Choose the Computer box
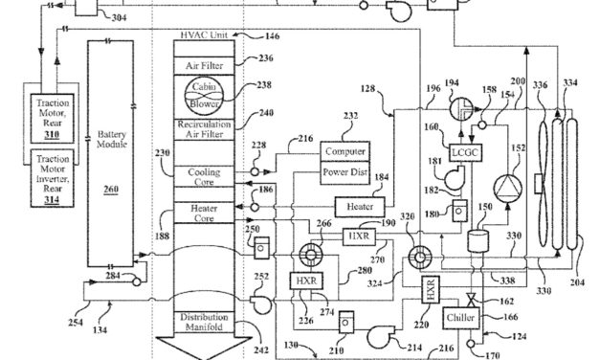pyautogui.click(x=344, y=151)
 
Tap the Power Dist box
pyautogui.click(x=344, y=173)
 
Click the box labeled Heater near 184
pyautogui.click(x=359, y=206)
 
